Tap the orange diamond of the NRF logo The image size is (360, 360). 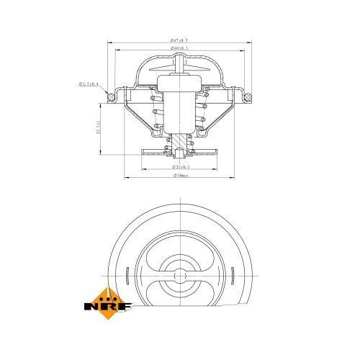(x=109, y=296)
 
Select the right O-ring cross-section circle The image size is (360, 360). (x=246, y=94)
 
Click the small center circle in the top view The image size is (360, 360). (x=179, y=274)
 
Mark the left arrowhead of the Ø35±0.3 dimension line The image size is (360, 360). (x=145, y=170)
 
